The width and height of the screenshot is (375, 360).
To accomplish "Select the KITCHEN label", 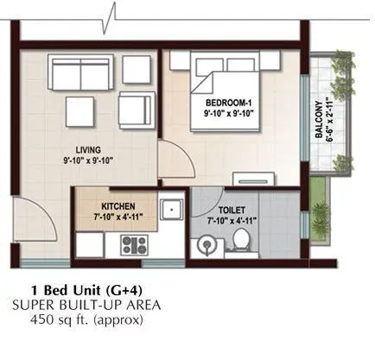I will tap(118, 206).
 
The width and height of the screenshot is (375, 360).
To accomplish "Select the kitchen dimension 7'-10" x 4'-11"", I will tap(118, 217).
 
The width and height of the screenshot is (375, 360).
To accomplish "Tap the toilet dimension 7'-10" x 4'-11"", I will tap(232, 221).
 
